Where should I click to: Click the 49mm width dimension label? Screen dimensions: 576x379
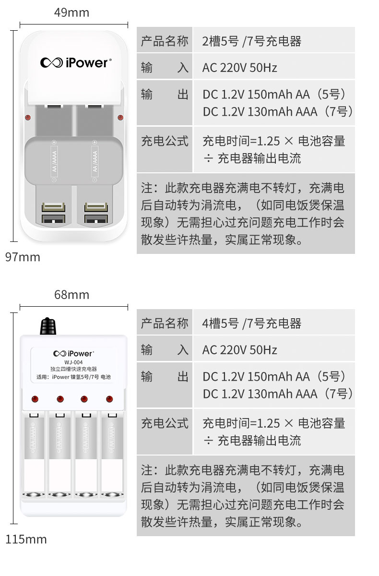click(71, 12)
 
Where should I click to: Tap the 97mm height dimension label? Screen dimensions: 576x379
click(23, 257)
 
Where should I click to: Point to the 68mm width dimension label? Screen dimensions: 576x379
click(71, 295)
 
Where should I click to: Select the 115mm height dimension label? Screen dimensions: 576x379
click(26, 540)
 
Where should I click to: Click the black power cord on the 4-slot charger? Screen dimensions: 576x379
click(47, 327)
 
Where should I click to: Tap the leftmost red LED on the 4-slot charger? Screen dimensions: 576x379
click(35, 399)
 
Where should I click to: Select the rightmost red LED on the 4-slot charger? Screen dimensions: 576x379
click(109, 399)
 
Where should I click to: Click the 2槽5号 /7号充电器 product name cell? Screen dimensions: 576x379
click(252, 41)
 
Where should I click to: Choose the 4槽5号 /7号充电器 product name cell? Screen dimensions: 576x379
click(252, 324)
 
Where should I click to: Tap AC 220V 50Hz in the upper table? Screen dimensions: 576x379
click(240, 68)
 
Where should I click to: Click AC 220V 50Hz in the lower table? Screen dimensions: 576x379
click(240, 350)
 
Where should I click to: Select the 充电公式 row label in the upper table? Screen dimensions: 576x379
click(165, 141)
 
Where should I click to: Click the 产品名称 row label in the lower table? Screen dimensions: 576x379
click(165, 324)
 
